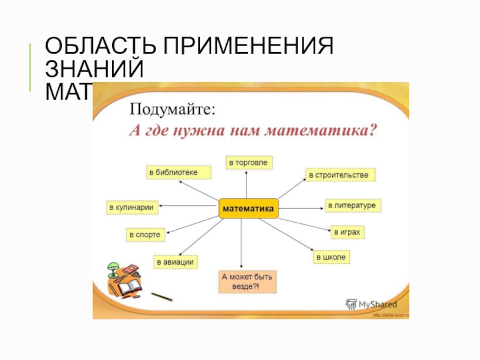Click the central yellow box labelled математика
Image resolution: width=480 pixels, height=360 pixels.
coord(248,208)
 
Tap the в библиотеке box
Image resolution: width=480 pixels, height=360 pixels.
coord(179,173)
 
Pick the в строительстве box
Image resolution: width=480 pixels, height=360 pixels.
coord(341,175)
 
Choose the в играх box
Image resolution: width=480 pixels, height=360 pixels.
coord(348,232)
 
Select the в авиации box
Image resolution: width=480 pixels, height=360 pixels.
coord(176,262)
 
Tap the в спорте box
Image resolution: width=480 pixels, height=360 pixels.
coord(145,235)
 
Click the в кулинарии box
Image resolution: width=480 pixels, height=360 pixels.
coord(131,208)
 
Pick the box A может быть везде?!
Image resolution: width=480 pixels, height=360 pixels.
coord(247,282)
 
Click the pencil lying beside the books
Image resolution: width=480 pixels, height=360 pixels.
coord(161,296)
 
